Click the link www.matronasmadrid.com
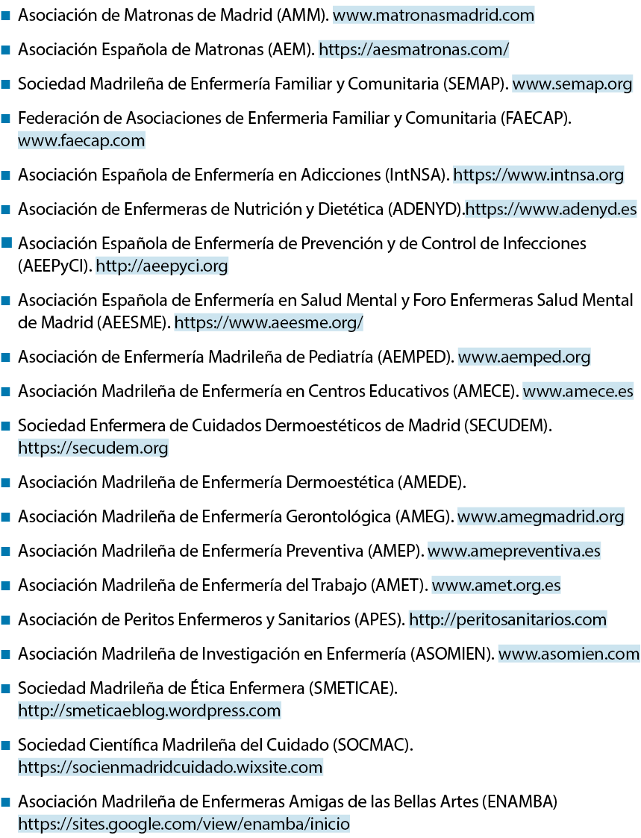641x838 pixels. [434, 15]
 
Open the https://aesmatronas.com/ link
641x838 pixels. [414, 49]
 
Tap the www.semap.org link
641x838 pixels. [572, 84]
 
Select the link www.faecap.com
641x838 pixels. [81, 140]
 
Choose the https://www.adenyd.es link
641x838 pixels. [551, 209]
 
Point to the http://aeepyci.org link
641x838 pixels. [162, 266]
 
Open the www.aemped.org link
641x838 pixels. [525, 357]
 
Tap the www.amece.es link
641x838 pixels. [578, 391]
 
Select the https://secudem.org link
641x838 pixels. [93, 448]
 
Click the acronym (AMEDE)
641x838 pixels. [431, 482]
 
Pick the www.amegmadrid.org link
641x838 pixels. [541, 516]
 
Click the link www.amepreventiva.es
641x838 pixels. [514, 551]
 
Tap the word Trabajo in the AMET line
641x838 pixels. [339, 585]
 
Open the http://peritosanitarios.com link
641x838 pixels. [508, 619]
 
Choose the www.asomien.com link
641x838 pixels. [569, 654]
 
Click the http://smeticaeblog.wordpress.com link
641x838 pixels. [149, 710]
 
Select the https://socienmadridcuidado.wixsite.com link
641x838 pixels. [170, 767]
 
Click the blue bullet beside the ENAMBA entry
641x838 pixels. [7, 801]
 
